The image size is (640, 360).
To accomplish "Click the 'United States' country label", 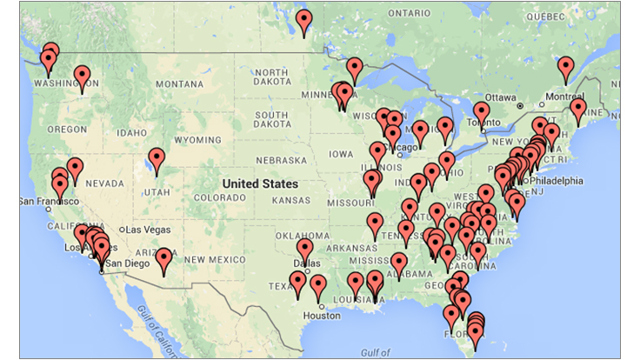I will [260, 183].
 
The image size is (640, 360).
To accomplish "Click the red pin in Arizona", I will [163, 260].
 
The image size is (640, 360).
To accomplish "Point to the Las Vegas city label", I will [147, 229].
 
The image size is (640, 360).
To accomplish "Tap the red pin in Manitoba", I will [303, 21].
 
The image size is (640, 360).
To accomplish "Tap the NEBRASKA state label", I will [281, 162].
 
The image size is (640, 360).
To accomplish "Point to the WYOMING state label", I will [197, 139].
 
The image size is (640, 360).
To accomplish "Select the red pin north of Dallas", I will [304, 250].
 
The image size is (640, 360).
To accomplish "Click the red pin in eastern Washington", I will [82, 77].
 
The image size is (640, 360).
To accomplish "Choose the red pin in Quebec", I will [566, 67].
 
